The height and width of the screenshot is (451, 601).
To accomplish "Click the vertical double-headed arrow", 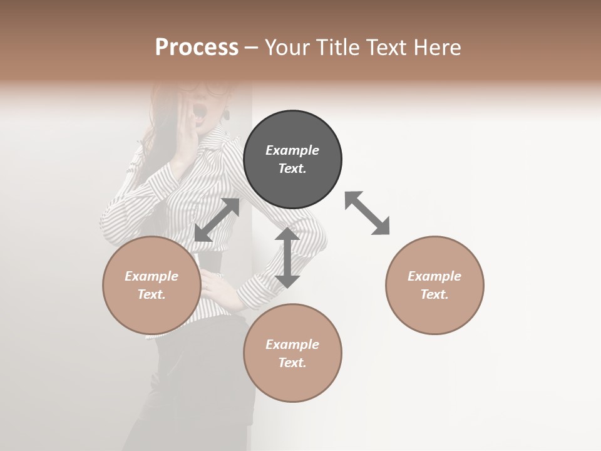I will tap(287, 257).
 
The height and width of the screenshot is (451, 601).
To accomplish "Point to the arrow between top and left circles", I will tap(217, 220).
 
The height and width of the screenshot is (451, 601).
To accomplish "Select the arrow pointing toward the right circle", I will tap(367, 213).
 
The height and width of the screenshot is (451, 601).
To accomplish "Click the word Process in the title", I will tap(197, 47).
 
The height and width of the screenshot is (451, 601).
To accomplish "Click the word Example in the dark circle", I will tap(292, 150).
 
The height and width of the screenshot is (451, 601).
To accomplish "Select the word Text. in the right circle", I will tap(434, 294).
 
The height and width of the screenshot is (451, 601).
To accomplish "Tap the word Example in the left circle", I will tap(152, 276).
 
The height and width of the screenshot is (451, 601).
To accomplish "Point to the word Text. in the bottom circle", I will tap(292, 363).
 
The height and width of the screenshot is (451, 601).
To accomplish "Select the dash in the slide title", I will tap(251, 48).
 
